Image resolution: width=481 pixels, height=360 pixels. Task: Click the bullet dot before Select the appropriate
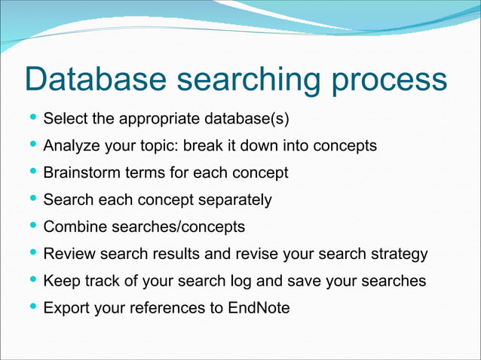(32, 118)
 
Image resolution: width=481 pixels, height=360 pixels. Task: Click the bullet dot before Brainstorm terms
(32, 172)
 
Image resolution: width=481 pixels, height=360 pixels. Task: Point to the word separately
(234, 200)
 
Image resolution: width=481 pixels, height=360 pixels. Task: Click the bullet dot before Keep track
(32, 280)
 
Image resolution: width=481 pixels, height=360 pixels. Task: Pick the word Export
(66, 307)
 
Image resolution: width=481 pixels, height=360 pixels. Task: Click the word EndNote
(259, 307)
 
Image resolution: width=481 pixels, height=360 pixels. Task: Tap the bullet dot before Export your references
(32, 307)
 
